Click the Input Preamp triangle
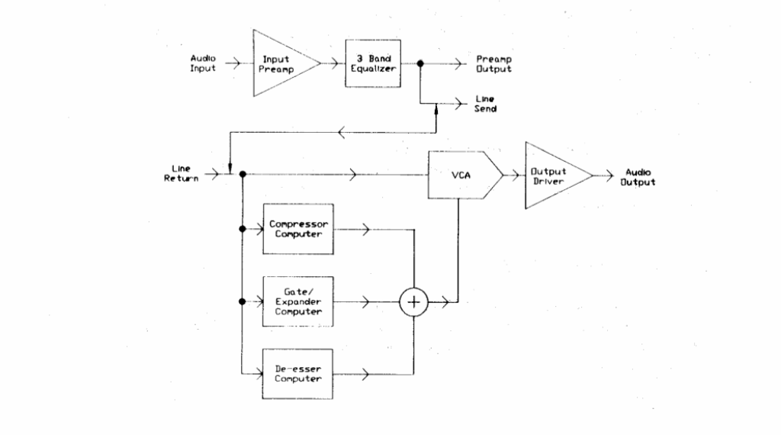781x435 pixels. pos(279,63)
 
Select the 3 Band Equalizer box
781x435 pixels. pos(371,63)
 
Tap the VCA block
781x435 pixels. pos(461,175)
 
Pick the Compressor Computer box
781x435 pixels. pos(298,228)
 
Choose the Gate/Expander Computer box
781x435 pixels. pos(298,301)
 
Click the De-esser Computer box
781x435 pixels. pos(298,373)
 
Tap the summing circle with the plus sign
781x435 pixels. pos(414,302)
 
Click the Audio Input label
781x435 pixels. pos(203,63)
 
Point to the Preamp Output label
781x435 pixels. pos(493,63)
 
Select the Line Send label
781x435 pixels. pos(485,104)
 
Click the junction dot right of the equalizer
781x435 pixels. pos(420,64)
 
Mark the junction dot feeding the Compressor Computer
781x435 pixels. pos(242,228)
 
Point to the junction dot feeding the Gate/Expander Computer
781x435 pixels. pos(242,301)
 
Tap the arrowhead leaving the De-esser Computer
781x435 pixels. pos(368,374)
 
